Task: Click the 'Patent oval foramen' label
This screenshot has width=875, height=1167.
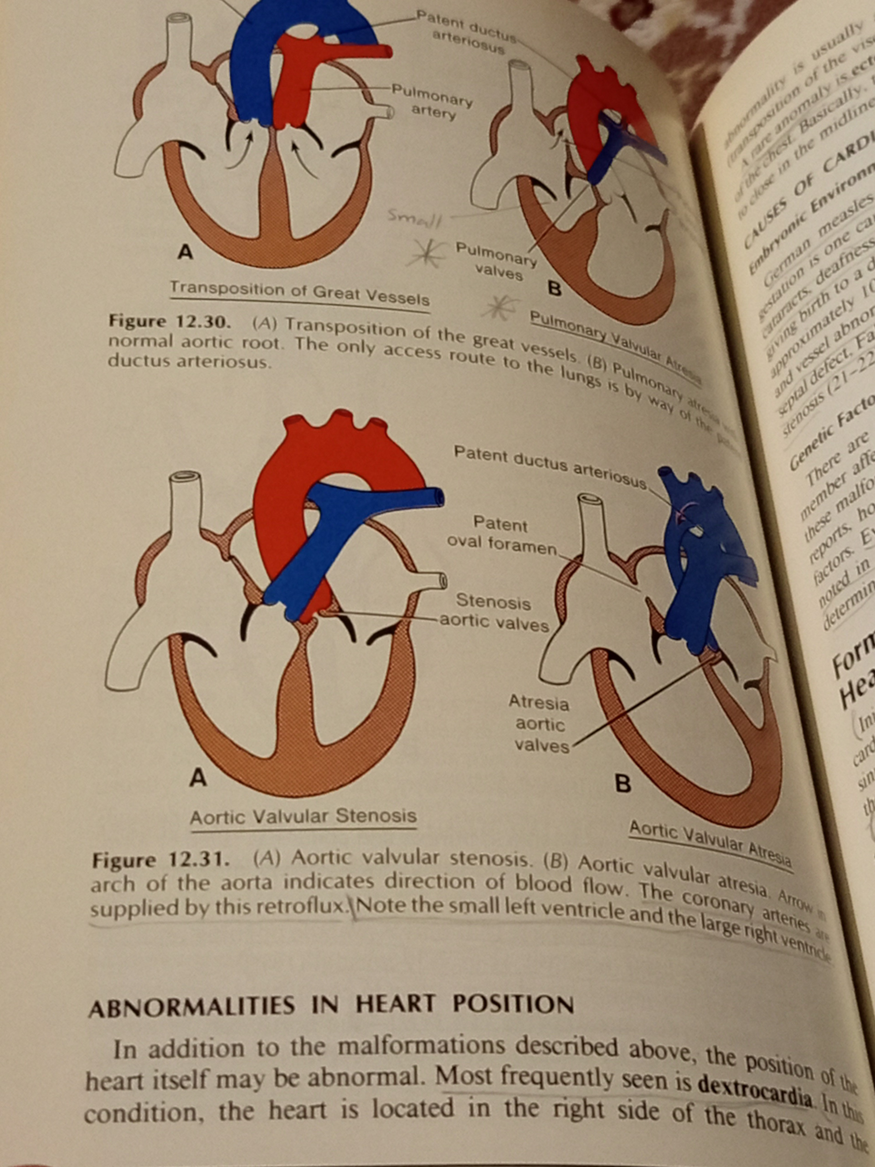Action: pyautogui.click(x=501, y=534)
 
